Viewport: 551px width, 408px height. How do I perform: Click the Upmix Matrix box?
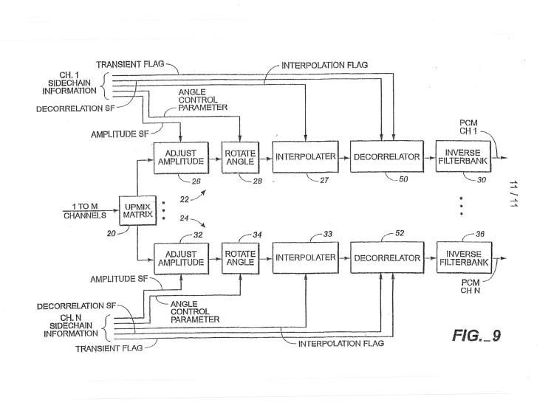[x=137, y=211]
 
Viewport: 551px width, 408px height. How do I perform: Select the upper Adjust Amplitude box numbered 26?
[x=181, y=158]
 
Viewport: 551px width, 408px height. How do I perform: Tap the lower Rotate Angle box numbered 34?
[x=240, y=258]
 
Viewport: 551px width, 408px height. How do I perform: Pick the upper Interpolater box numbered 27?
[x=305, y=156]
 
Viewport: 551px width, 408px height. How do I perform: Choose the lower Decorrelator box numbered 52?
[x=387, y=257]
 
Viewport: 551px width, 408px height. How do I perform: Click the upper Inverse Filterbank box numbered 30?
[x=463, y=156]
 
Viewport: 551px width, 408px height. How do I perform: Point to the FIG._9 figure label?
[x=476, y=335]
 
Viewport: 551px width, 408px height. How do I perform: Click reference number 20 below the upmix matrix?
[x=111, y=233]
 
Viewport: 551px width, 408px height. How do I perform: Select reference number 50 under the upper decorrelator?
[x=403, y=179]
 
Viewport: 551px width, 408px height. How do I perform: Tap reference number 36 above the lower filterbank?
[x=480, y=234]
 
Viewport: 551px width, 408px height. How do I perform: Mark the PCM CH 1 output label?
[x=468, y=127]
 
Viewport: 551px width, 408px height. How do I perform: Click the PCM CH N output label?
[x=470, y=286]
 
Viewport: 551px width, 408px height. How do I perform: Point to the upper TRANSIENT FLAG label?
[x=130, y=64]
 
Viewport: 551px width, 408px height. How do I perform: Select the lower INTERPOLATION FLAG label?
[x=340, y=343]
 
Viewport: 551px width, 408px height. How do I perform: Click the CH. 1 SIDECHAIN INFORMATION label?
[x=69, y=83]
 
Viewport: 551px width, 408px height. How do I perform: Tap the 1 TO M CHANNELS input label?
[x=85, y=211]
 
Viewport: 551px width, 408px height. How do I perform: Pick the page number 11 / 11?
[x=514, y=194]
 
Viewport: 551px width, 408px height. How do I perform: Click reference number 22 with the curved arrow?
[x=185, y=199]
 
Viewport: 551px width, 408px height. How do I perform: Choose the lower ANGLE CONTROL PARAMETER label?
[x=195, y=311]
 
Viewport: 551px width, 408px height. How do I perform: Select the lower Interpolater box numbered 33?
[x=305, y=257]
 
